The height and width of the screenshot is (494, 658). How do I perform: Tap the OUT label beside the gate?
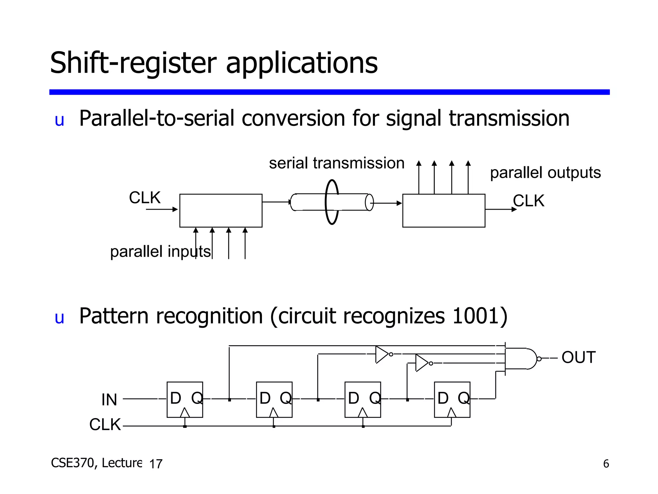[578, 357]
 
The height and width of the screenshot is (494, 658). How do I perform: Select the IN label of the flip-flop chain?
[109, 400]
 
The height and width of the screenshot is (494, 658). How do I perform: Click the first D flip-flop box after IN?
[185, 399]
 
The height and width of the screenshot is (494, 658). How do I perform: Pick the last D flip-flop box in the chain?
[452, 399]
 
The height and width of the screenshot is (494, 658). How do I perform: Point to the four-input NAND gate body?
[520, 359]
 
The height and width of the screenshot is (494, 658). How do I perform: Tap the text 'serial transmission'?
[336, 163]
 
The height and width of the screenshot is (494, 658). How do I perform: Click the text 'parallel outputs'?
[545, 173]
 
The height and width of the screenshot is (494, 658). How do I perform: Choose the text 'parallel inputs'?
[160, 252]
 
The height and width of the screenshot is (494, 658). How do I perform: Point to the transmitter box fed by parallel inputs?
[221, 211]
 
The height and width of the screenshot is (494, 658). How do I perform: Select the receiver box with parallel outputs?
[444, 211]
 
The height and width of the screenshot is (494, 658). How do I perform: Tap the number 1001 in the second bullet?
[475, 316]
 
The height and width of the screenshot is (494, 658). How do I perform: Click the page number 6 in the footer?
[606, 464]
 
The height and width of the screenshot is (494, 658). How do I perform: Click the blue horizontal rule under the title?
[329, 92]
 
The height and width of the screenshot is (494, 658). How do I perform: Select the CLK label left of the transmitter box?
[145, 197]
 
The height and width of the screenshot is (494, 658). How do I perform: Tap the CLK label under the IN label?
[105, 425]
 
